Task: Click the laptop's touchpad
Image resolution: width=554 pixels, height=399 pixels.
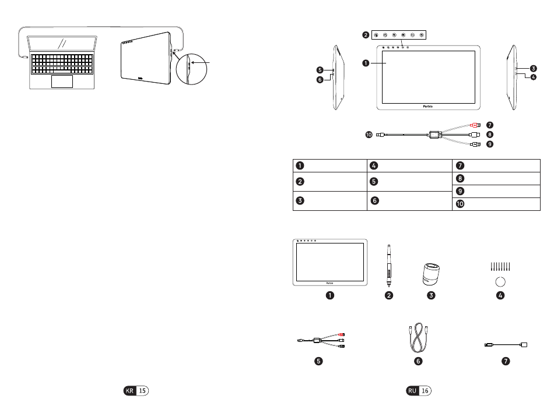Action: [62, 81]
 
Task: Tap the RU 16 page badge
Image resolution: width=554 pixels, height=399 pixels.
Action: [419, 391]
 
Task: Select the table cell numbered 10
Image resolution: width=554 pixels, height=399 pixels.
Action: [496, 203]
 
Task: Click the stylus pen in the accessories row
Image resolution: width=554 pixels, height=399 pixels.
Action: [388, 264]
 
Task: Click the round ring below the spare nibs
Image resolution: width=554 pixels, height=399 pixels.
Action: [499, 282]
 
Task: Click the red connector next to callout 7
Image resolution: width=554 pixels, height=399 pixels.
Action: [475, 125]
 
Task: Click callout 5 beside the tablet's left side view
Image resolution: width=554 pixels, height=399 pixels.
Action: [320, 69]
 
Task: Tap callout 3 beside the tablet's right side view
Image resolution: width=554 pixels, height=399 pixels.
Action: [533, 68]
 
